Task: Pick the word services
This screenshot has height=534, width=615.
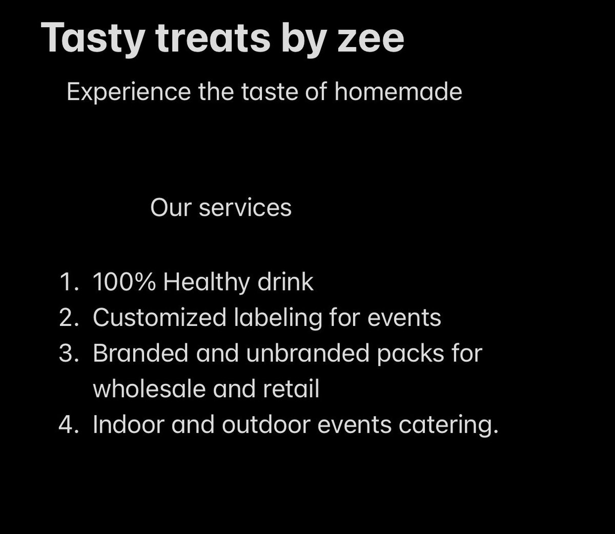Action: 245,208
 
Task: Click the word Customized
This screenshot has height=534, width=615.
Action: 159,318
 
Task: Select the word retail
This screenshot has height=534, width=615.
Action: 291,389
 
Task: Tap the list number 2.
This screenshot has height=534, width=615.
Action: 68,318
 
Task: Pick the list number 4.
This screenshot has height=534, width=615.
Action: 68,425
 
